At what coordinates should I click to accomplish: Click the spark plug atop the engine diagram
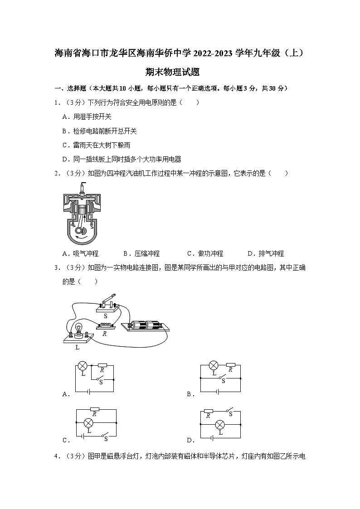pos(82,187)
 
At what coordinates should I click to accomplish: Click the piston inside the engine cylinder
pos(82,209)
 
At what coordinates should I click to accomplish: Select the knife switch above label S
pos(107,302)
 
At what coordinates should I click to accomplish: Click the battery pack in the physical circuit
pos(145,325)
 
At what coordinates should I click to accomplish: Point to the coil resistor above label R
pos(106,325)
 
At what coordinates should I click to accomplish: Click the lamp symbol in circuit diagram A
pos(83,365)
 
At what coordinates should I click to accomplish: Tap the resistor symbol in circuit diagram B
pos(230,364)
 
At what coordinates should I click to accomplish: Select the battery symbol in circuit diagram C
pos(82,437)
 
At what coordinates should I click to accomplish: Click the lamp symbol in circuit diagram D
pos(220,425)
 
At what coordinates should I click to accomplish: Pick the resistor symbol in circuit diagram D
pos(209,411)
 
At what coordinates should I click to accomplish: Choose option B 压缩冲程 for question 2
pos(141,254)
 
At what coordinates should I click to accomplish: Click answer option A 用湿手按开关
pos(87,117)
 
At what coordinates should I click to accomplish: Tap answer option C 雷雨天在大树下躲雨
pos(96,145)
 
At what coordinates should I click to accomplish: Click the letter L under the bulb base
pos(77,347)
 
